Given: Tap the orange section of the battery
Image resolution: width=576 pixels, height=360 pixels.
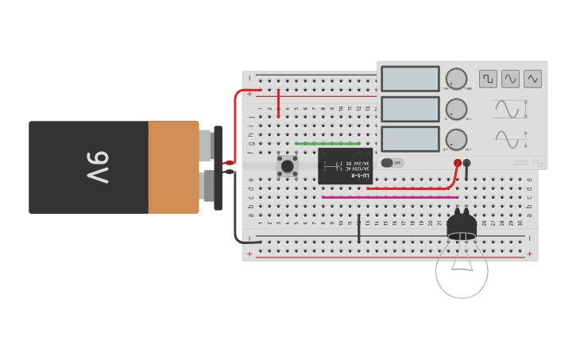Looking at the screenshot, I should coord(173,168).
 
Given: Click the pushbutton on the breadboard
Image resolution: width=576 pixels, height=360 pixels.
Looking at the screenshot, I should coord(287,165).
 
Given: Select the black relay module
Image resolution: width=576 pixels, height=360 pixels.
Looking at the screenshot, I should coord(345,165).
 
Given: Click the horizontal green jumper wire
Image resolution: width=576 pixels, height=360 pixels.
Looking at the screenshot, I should coord(327,144).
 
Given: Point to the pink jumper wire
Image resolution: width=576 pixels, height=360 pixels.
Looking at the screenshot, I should coord(389,197).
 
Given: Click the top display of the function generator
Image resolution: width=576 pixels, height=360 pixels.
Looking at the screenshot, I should coord(410,79).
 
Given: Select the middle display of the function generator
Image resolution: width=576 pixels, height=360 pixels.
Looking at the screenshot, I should coord(410,109).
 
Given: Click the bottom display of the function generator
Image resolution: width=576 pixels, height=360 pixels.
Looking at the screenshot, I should coord(410,139).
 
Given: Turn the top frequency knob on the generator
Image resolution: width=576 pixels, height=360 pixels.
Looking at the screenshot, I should coord(456,79).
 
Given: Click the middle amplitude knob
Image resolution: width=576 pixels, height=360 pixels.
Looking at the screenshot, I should coord(456,109).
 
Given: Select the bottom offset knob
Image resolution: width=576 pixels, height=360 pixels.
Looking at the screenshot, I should coord(456,139).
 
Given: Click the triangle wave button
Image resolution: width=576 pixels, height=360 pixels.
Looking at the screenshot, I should coord(532,79).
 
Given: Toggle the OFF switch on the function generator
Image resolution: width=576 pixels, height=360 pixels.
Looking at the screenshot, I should coord(392,163).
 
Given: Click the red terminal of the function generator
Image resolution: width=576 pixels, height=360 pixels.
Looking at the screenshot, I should coord(458,163).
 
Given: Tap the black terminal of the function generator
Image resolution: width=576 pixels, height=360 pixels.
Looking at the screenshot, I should coord(467,163).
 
